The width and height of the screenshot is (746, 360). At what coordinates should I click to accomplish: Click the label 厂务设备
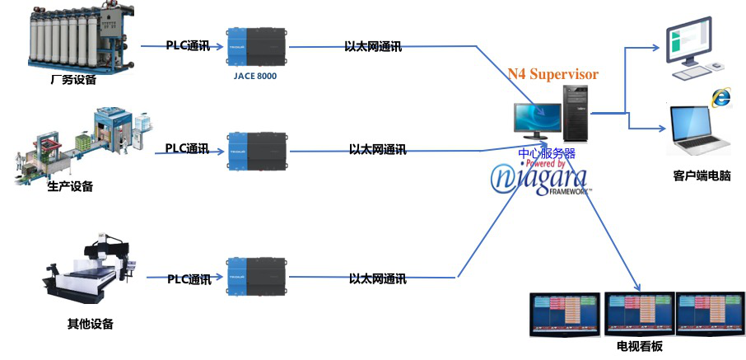(x=73, y=80)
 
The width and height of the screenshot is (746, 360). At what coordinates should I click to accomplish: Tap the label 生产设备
(x=70, y=186)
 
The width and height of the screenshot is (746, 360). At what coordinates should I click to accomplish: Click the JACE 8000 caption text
(x=255, y=76)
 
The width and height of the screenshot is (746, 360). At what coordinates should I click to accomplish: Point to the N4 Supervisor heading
(x=553, y=74)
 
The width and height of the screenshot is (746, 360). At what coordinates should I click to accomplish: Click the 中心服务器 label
(x=547, y=153)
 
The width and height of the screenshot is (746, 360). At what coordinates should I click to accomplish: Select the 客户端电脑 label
(x=702, y=176)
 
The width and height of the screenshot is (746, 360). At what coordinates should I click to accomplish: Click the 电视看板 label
(x=633, y=347)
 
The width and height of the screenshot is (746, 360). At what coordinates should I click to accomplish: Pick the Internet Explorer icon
(x=721, y=97)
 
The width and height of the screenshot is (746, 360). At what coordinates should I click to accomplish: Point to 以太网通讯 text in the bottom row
(x=377, y=279)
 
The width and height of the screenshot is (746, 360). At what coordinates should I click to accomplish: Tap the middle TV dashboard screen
(x=639, y=312)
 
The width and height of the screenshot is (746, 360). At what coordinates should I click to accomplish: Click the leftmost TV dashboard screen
(x=565, y=313)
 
